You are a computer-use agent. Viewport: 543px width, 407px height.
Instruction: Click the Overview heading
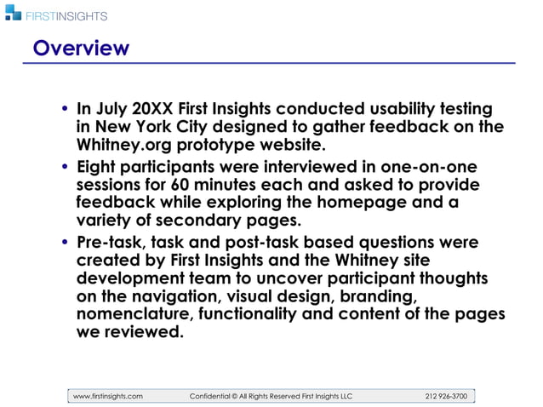81,48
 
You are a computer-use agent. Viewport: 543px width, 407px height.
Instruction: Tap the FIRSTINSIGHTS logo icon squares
12,12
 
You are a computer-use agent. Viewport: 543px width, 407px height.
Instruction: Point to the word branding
376,296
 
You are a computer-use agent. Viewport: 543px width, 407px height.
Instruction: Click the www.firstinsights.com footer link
108,396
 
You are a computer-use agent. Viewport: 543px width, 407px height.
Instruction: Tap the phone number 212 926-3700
446,396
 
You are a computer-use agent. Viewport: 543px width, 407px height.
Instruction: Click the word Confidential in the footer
216,396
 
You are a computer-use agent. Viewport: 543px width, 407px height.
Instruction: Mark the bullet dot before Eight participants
66,167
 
